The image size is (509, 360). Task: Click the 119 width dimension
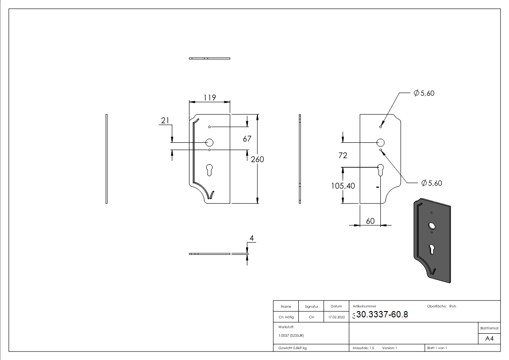[x=209, y=97]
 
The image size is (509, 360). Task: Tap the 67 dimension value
[x=247, y=139]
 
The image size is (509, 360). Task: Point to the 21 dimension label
[x=165, y=120]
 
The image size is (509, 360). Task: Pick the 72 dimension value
[x=343, y=156]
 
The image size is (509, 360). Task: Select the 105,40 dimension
[x=343, y=185]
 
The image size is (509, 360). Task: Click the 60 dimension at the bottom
[x=370, y=220]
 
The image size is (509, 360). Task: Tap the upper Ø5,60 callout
[x=424, y=93]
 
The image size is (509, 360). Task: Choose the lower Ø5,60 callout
[x=431, y=183]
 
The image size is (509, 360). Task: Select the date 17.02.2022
[x=335, y=317]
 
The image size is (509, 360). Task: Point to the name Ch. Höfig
[x=286, y=317]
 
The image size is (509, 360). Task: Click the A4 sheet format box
[x=489, y=339]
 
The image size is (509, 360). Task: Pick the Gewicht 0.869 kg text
[x=292, y=348]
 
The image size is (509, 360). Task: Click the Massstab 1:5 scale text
[x=364, y=348]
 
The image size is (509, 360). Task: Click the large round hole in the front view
[x=209, y=142]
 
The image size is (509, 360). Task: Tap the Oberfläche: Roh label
[x=441, y=306]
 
